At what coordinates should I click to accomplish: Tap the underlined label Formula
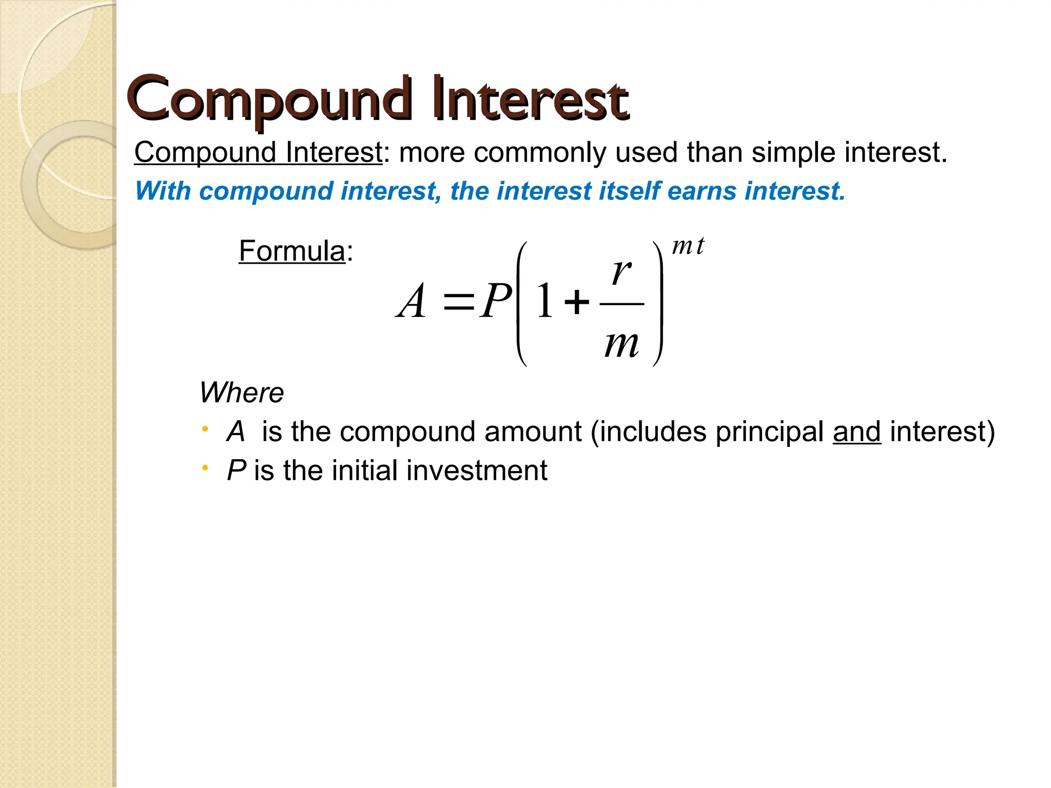291,251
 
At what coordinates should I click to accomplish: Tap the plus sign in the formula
576,302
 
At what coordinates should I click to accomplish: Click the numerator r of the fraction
621,271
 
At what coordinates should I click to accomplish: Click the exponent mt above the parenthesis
688,246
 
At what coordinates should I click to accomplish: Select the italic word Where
241,393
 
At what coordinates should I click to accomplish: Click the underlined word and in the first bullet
857,431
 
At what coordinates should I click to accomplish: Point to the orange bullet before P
205,468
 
